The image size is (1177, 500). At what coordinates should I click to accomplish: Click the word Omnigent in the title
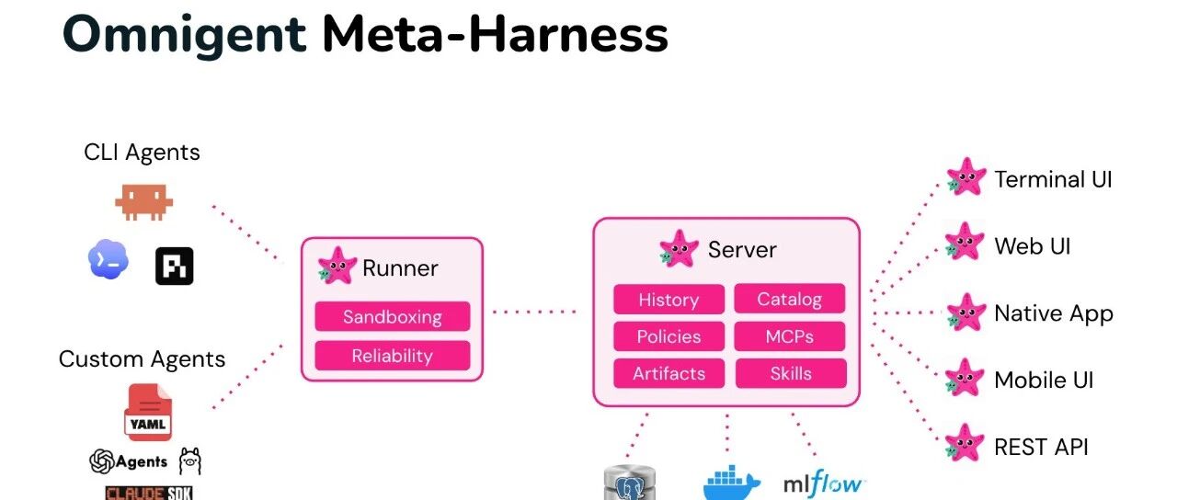click(184, 36)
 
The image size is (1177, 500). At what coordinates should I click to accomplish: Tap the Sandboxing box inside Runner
click(393, 316)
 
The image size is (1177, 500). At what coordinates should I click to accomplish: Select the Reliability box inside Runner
click(393, 356)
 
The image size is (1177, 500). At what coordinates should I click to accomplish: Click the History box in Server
click(668, 300)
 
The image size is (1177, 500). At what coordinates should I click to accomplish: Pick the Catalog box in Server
click(790, 299)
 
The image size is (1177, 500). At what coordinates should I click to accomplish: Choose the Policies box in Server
click(668, 336)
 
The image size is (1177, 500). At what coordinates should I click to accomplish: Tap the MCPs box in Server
click(790, 336)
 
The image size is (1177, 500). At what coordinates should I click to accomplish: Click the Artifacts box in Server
click(668, 373)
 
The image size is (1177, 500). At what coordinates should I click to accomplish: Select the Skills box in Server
click(791, 373)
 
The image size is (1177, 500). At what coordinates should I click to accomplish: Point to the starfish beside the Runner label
click(337, 266)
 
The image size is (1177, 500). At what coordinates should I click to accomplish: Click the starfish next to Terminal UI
click(966, 177)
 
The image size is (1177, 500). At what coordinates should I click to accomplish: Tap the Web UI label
click(1033, 245)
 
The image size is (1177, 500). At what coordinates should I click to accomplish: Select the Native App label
click(1054, 313)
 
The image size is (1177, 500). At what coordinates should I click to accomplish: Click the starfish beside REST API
click(965, 443)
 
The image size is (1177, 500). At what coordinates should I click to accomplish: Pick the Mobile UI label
click(1044, 380)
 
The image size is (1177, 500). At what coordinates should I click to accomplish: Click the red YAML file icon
click(148, 413)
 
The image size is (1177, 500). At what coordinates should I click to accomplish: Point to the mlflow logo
click(823, 483)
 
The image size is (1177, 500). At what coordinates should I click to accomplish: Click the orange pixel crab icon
click(144, 201)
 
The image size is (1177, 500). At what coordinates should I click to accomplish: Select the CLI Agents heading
click(142, 153)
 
